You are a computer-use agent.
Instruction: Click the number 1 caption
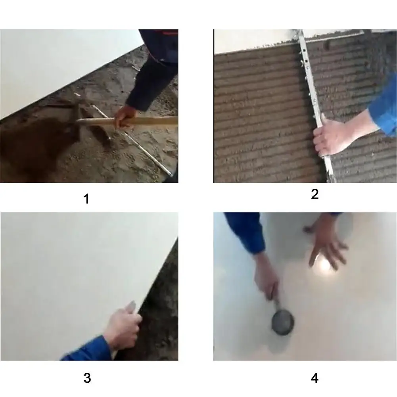[x=86, y=198]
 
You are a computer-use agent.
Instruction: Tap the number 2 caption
[x=315, y=194]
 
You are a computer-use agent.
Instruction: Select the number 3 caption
[x=87, y=378]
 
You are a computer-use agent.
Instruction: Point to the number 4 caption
[x=315, y=378]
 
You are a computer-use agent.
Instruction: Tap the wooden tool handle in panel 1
[x=155, y=120]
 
